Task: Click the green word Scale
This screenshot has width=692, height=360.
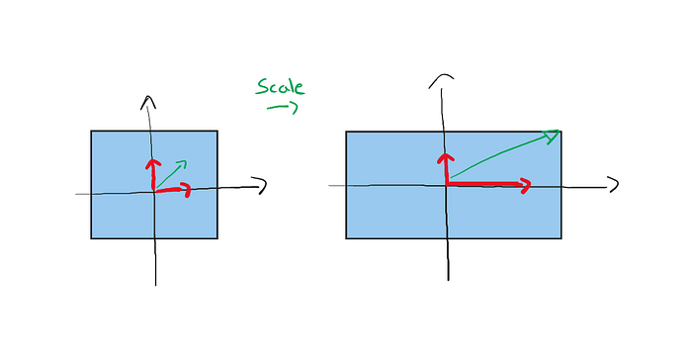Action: coord(280,87)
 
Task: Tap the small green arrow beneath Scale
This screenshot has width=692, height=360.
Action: coord(283,108)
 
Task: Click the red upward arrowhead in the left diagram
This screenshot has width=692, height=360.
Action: coord(153,164)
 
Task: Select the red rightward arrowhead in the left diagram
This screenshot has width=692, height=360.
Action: coord(186,190)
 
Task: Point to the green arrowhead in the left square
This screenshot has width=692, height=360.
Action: coord(182,165)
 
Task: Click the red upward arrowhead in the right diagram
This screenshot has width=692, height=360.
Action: coord(446,158)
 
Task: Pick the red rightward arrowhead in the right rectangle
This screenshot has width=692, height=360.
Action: coord(525,186)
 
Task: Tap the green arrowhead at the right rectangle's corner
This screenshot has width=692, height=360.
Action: coord(552,136)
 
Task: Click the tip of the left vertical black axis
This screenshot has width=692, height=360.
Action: coord(148,97)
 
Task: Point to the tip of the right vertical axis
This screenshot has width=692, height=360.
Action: coord(442,75)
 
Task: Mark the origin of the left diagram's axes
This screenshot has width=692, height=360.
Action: coord(154,192)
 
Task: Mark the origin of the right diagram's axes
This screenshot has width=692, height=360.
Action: coord(447,186)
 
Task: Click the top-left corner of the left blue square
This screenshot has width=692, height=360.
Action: coord(91,131)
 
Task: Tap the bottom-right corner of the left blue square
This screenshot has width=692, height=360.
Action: coord(217,238)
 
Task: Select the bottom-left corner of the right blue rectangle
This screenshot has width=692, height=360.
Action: coord(346,238)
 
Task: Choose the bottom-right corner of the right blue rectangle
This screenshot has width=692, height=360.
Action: coord(561,238)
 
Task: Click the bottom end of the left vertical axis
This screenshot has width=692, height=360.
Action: coord(156,286)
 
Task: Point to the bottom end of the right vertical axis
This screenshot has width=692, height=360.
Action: coord(449,280)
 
